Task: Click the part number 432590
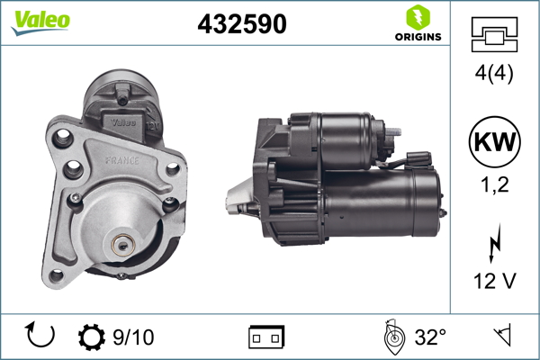tap(241, 25)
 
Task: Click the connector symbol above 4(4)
tap(494, 34)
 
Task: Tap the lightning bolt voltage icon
tap(494, 243)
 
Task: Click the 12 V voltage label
tap(494, 282)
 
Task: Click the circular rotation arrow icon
tap(41, 336)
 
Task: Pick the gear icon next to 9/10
tap(92, 337)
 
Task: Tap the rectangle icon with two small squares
tap(266, 337)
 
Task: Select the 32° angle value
tap(430, 337)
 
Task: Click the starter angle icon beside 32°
tap(391, 337)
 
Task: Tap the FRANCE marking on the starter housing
tap(121, 159)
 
